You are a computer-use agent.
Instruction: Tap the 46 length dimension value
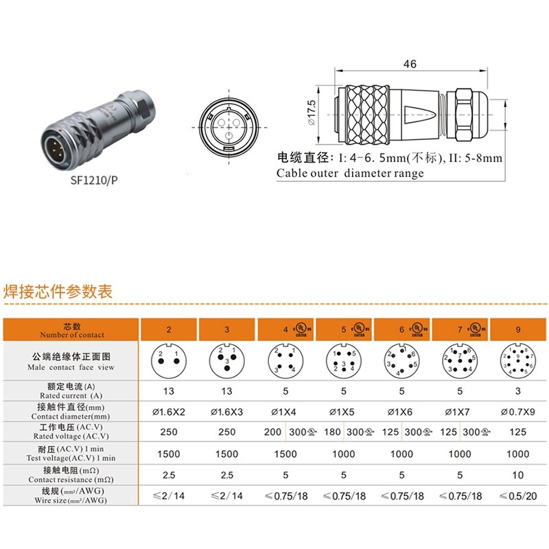[410, 65]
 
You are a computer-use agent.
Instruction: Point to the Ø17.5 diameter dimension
[312, 113]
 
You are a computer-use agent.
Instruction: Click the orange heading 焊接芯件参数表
[58, 290]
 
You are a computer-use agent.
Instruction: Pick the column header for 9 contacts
[517, 329]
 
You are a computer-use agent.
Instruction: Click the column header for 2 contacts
[169, 329]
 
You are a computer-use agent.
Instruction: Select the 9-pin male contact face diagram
[517, 361]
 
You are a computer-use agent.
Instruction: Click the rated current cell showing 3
[517, 390]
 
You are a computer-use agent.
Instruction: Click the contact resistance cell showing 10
[517, 475]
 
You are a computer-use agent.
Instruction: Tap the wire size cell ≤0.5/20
[517, 496]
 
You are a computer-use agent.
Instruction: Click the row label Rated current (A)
[72, 390]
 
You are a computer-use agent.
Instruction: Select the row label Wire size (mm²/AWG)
[72, 496]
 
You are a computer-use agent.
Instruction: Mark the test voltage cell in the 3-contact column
[227, 454]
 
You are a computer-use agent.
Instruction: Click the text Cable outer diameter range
[350, 174]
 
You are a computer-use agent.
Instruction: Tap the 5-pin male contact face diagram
[343, 360]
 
